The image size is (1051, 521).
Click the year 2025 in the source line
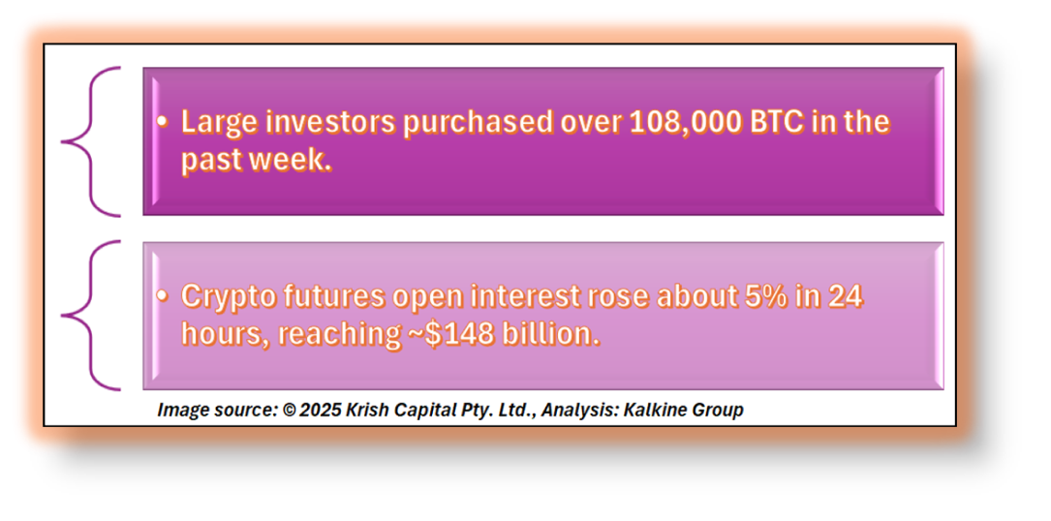point(320,411)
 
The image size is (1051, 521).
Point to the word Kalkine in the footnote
point(650,411)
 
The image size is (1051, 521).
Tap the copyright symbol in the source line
point(289,411)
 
